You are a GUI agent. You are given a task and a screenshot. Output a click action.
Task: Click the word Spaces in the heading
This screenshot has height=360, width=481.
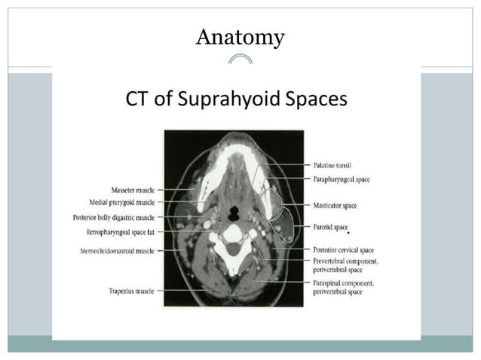click(x=317, y=99)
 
